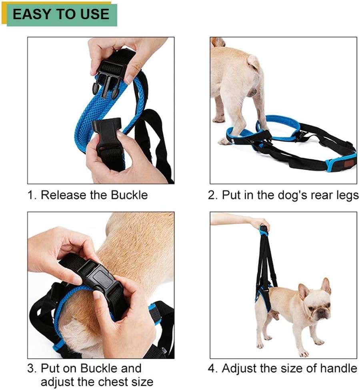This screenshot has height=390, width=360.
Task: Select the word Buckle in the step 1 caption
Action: (129, 195)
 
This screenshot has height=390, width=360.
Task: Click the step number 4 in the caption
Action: (211, 368)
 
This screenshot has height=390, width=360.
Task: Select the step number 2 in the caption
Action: (211, 195)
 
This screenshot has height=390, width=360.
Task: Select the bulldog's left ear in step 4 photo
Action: (326, 286)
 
